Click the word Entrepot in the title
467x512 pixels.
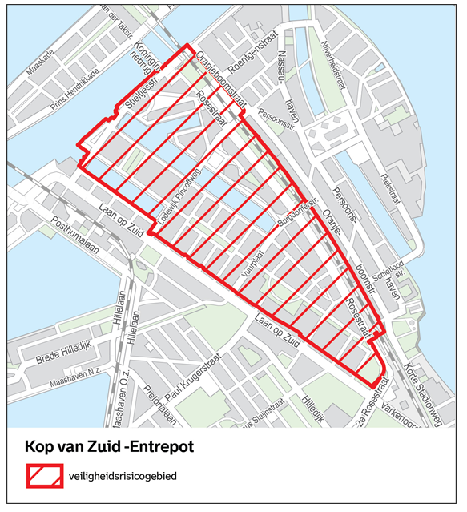coord(159,445)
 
